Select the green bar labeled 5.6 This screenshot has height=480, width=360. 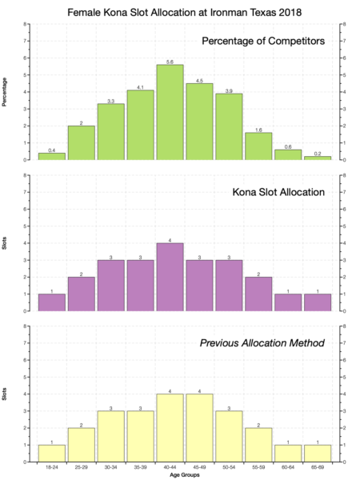click(170, 112)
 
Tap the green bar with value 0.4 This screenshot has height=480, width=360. click(51, 157)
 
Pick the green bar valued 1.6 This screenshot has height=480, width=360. click(258, 146)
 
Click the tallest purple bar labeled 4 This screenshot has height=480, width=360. click(170, 277)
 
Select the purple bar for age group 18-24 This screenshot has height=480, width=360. click(51, 302)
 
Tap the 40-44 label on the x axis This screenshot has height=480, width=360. click(170, 467)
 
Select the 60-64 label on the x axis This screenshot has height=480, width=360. click(288, 467)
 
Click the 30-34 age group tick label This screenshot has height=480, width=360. click(110, 467)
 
